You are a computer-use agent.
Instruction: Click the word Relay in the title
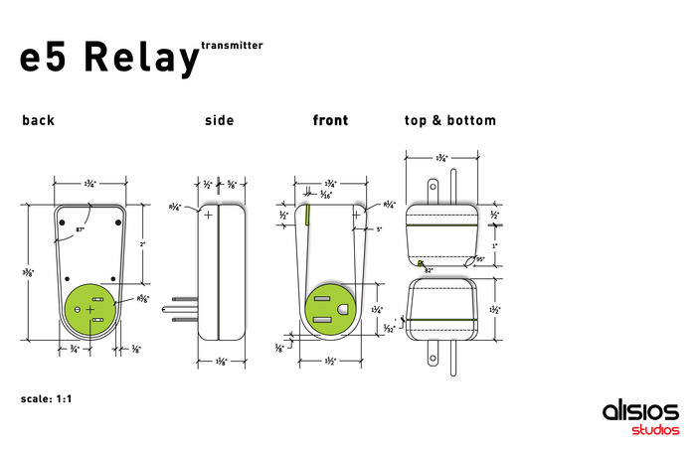tap(142, 59)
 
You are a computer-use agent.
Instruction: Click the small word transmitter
tap(232, 45)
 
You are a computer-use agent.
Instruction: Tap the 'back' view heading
tap(39, 121)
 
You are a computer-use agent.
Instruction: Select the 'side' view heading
tap(219, 121)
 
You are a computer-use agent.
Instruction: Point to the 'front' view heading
tap(330, 121)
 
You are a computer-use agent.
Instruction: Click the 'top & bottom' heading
tap(449, 121)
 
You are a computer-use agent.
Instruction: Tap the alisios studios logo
tap(640, 418)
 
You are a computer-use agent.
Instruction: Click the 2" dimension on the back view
tap(142, 243)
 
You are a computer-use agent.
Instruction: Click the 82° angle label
tap(429, 269)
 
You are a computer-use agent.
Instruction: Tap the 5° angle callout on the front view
tap(379, 229)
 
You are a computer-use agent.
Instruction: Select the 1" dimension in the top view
tap(494, 243)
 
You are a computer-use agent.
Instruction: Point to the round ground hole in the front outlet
tap(343, 309)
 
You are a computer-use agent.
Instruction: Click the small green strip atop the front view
tap(308, 213)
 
